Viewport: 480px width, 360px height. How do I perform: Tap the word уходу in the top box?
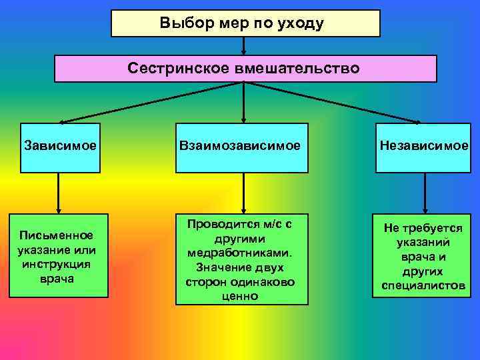[303, 24]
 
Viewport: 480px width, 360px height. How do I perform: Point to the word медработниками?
[242, 253]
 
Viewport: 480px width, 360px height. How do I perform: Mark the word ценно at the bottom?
[242, 295]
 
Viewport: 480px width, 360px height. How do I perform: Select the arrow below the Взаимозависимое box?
[243, 193]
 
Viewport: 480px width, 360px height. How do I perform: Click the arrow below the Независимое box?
[424, 193]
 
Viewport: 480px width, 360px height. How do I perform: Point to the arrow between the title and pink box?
[244, 46]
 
